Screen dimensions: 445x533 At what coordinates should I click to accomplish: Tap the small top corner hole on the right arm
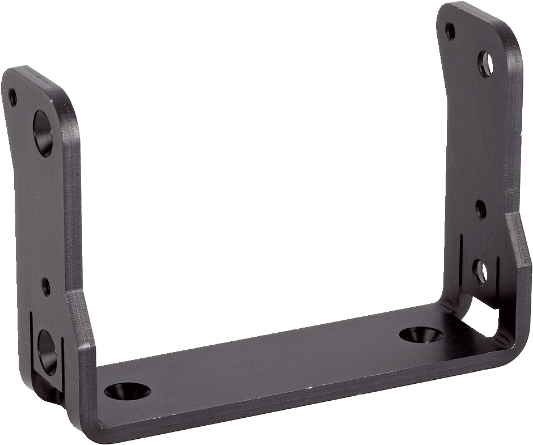click(450, 29)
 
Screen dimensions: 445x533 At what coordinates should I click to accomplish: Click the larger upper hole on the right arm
click(486, 64)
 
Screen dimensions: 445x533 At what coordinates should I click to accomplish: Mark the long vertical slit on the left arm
click(29, 340)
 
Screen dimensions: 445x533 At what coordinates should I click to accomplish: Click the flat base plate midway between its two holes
click(272, 363)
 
